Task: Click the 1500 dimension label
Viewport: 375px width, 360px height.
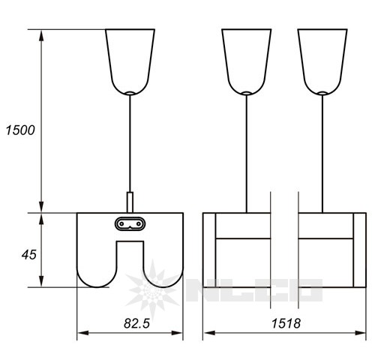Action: tap(20, 130)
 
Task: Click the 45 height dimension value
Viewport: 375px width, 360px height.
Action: tap(29, 255)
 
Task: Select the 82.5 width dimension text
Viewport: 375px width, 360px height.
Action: tap(136, 323)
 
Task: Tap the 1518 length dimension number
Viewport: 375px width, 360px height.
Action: tap(286, 323)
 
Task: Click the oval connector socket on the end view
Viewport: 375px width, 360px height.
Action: tap(130, 223)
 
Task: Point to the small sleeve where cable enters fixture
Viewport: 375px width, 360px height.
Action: tap(130, 202)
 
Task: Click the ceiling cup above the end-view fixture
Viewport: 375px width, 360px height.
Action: tap(130, 62)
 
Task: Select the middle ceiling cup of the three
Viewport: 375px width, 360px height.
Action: tap(247, 62)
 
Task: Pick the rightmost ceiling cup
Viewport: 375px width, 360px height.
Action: tap(322, 62)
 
